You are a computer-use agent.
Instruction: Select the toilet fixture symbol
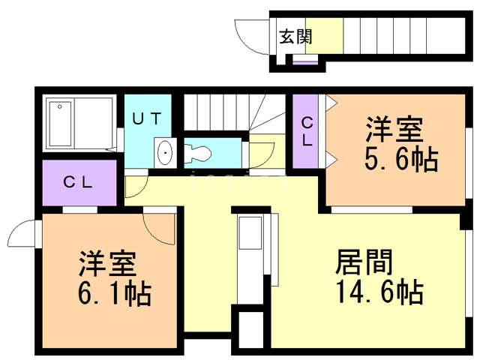coord(199,152)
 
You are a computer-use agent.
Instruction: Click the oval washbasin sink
coord(165,153)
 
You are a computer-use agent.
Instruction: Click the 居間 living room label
coord(363,262)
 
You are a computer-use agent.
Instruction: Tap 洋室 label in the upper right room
coord(394,130)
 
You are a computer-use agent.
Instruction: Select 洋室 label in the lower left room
coord(107,264)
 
